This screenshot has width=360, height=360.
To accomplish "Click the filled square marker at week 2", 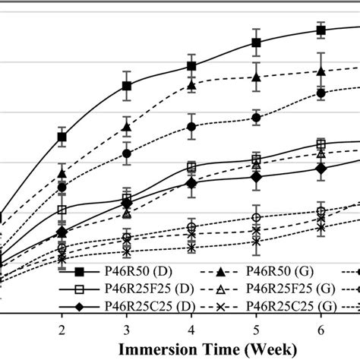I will [x=62, y=137].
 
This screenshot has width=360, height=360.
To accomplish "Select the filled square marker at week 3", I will [x=127, y=86].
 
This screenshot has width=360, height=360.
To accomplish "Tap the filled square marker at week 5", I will [x=257, y=43].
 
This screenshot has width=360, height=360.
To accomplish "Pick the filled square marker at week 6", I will [x=321, y=30].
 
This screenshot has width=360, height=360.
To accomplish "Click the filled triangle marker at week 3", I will [x=127, y=127].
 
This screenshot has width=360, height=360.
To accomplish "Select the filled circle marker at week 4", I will [x=191, y=126].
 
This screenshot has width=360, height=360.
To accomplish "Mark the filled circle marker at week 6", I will [x=321, y=93].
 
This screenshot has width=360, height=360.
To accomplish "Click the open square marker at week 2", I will [x=62, y=210].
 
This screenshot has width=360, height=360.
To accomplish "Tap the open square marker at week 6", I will [x=321, y=144].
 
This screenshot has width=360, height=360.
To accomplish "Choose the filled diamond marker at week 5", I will [x=257, y=177].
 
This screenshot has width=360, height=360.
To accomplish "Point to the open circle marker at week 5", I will [x=257, y=218].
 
